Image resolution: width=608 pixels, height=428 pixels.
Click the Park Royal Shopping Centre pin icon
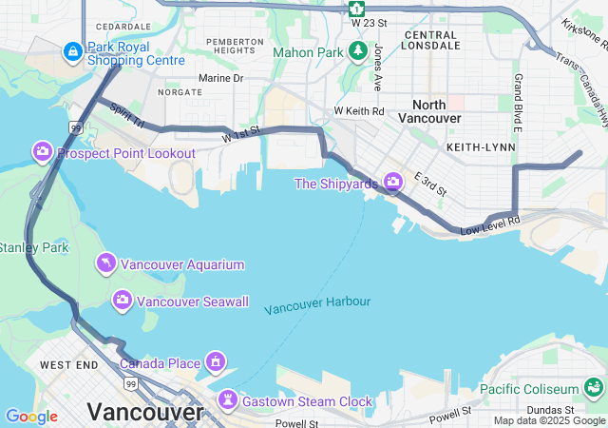pos(72,51)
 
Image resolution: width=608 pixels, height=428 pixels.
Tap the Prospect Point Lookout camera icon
pos(43,152)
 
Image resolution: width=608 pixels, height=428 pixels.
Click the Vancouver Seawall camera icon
pos(122,301)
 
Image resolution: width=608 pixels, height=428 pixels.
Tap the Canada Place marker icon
pos(216,362)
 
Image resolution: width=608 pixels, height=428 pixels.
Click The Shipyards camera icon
pos(392,182)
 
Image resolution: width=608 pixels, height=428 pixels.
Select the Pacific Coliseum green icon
pos(594,388)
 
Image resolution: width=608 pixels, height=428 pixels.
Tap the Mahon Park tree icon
pos(358,51)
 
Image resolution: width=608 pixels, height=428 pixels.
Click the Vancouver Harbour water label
pos(317,305)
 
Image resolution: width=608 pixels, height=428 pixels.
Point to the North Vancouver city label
pos(437,111)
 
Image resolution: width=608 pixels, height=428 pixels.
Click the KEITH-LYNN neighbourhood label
pos(481,147)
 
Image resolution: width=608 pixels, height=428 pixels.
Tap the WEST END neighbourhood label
pos(68,364)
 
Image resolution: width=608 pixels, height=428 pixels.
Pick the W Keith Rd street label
pos(359,111)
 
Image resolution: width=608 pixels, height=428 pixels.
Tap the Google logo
pos(31,417)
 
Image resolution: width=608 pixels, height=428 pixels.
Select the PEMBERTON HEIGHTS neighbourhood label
pos(235,46)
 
